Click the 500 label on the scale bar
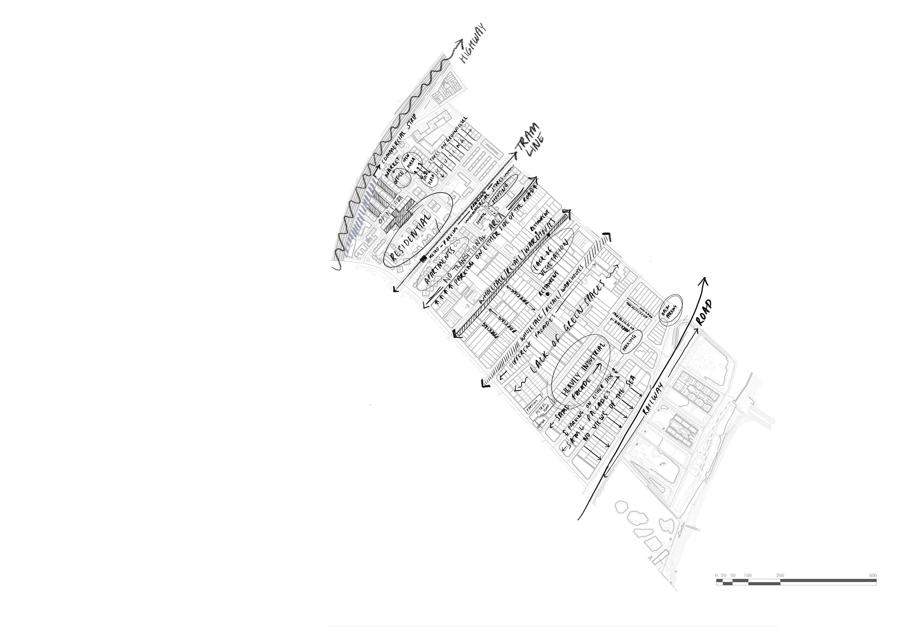[x=872, y=575]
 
